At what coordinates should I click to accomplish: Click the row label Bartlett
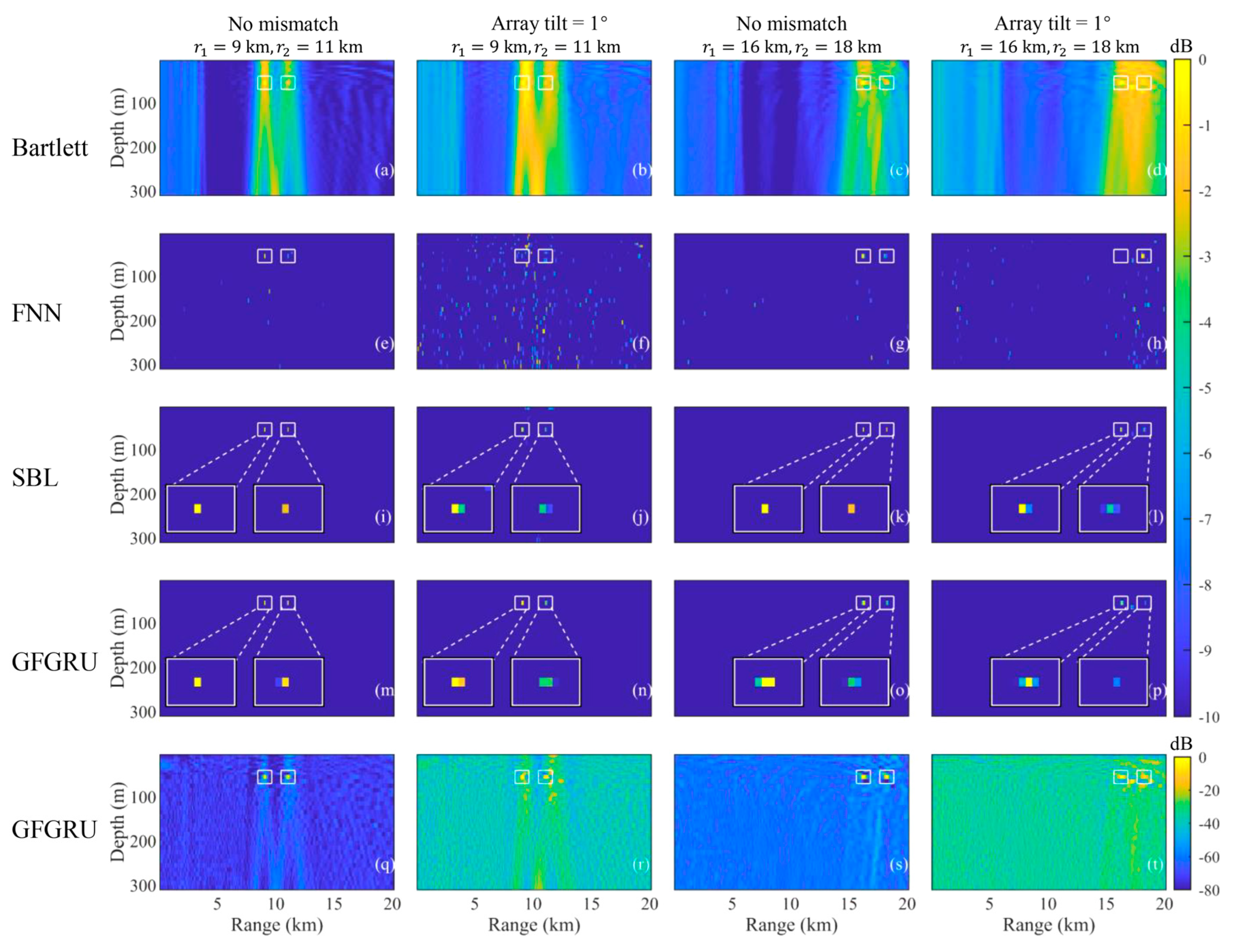click(x=50, y=148)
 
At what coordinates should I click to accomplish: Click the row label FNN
click(x=37, y=313)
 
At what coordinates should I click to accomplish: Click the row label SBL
click(x=35, y=478)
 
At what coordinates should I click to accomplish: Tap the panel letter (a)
click(x=384, y=170)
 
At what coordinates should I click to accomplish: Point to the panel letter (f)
click(x=641, y=343)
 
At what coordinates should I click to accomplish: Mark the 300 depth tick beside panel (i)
click(x=143, y=538)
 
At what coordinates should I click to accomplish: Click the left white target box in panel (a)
click(x=265, y=83)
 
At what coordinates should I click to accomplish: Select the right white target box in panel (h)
click(x=1144, y=256)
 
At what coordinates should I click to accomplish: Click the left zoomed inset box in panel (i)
click(x=201, y=508)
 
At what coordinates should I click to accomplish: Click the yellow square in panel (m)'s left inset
click(x=197, y=682)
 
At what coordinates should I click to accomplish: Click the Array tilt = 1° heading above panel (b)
click(x=549, y=24)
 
